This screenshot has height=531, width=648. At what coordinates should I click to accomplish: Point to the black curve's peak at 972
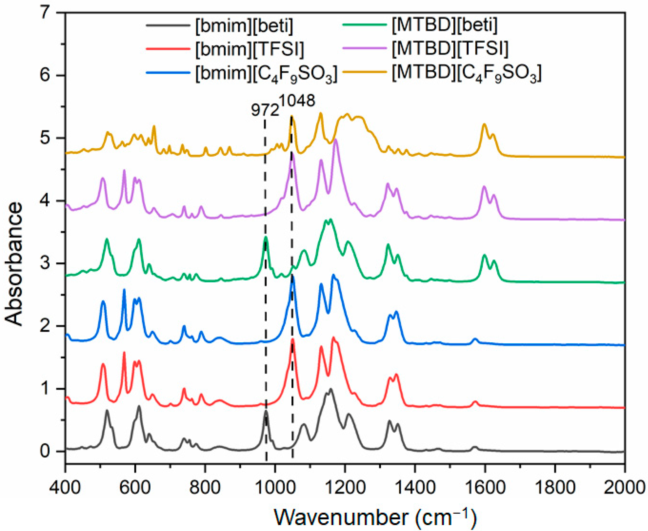(x=266, y=411)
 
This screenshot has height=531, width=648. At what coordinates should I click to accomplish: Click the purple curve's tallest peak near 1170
(x=336, y=140)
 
